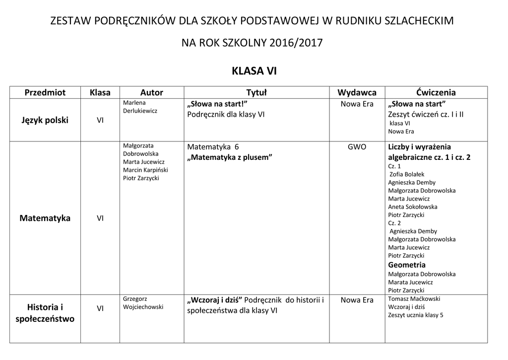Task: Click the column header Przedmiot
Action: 45,92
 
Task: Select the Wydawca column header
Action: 357,92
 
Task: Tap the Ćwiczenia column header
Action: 436,92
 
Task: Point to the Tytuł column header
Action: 256,92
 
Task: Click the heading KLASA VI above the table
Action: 254,71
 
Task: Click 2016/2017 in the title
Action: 296,43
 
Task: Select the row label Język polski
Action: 45,120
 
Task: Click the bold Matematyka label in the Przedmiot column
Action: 45,218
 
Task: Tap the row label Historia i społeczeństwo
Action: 45,313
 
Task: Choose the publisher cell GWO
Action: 357,147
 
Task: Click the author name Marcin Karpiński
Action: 145,170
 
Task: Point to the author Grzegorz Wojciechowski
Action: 143,303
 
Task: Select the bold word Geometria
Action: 407,265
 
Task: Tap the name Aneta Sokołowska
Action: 413,207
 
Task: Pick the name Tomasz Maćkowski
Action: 414,298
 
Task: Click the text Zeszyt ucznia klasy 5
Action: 416,315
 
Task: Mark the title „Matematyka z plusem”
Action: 230,157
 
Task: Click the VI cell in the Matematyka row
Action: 100,218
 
